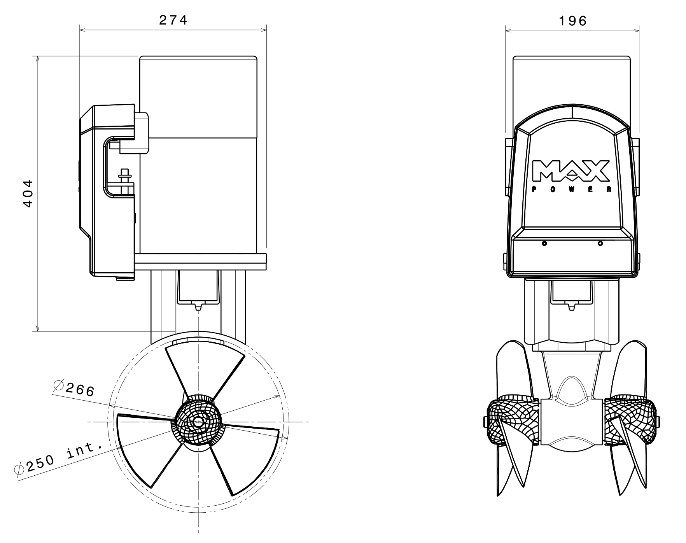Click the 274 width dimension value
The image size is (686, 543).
[173, 20]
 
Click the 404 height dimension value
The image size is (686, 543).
[28, 193]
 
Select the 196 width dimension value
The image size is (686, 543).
[572, 21]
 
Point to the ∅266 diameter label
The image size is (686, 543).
[74, 389]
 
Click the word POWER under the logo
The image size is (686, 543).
[571, 190]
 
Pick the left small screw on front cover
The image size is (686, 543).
[544, 243]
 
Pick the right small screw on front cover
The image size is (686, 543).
[600, 243]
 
